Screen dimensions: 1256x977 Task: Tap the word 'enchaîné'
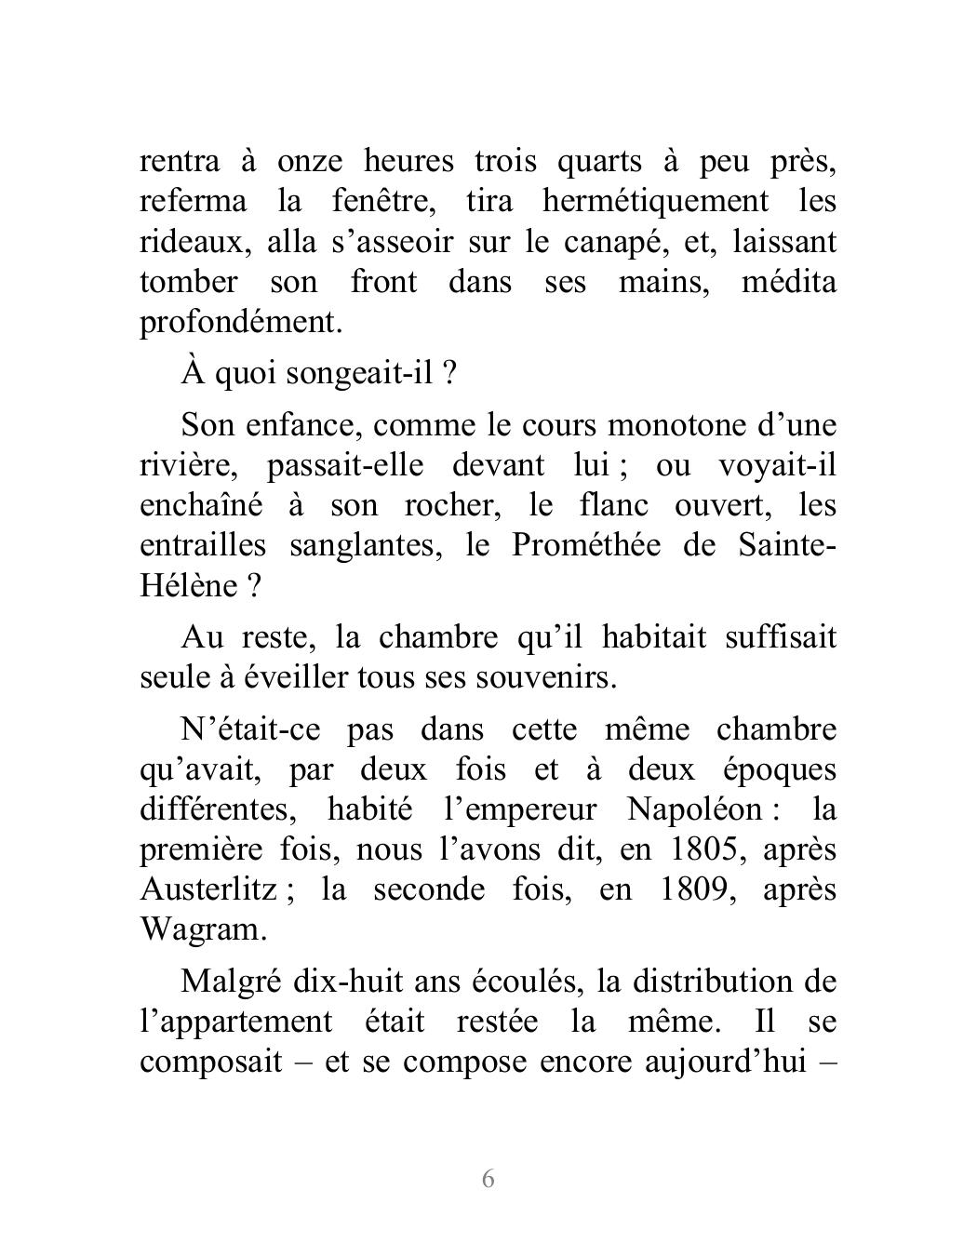pos(198,505)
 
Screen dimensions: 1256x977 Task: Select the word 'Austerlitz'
pos(208,890)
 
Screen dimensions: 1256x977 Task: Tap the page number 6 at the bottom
pos(488,1179)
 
